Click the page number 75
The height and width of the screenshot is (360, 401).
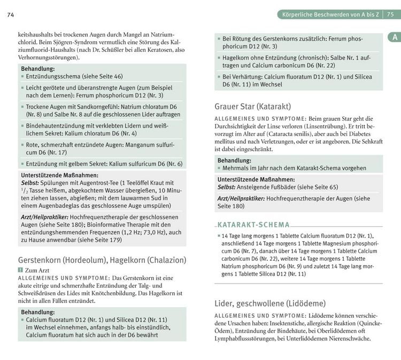(x=394, y=14)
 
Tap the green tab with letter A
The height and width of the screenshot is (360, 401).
(x=394, y=37)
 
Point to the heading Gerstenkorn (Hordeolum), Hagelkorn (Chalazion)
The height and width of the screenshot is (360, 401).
(x=102, y=260)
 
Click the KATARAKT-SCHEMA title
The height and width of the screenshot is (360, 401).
(x=253, y=225)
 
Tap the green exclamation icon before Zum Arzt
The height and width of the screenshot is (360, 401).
(x=20, y=271)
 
